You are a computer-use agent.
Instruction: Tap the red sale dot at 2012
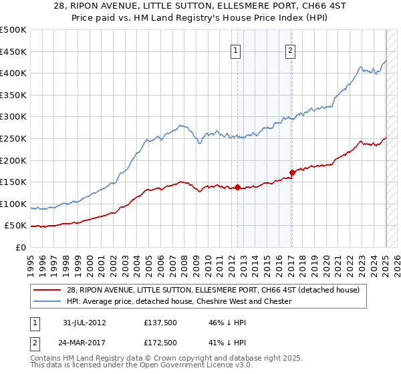[238, 187]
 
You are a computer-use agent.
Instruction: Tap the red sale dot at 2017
[292, 172]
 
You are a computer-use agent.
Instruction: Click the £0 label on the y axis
[20, 247]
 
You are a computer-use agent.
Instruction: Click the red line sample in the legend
[47, 290]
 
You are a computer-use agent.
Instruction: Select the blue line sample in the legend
[47, 301]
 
